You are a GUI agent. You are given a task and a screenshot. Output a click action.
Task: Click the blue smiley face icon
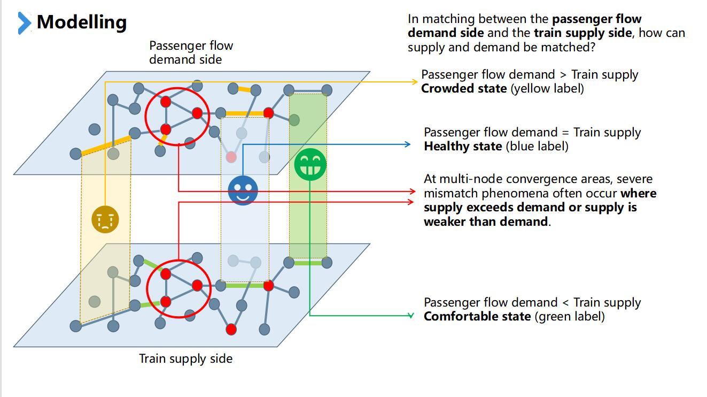coord(243,190)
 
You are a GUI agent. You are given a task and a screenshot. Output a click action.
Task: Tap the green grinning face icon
coord(310,164)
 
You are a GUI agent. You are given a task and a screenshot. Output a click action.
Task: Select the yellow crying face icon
coord(105,219)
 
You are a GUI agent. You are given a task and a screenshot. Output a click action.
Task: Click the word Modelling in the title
coord(82,22)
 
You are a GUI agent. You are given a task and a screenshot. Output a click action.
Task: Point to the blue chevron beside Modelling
coord(25,23)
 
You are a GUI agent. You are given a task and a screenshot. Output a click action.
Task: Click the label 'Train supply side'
coord(185,359)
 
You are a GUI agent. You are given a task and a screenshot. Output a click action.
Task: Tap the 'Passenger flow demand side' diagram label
coord(191,52)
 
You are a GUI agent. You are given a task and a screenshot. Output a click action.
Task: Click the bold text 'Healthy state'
coord(463,147)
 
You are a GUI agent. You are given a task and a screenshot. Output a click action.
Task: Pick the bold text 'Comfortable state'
coord(477,316)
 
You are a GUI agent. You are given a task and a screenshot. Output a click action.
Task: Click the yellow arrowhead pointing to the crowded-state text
coord(415,82)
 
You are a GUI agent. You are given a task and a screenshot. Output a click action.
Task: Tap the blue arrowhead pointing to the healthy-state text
coord(407,144)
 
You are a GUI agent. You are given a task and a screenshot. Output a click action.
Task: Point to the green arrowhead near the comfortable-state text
coord(410,316)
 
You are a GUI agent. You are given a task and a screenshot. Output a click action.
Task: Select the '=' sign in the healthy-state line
coord(565,133)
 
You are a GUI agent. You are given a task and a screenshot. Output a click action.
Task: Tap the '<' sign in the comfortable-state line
coord(565,303)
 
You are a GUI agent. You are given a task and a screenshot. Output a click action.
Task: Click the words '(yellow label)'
coord(547,88)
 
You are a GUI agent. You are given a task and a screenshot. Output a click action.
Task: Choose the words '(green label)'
coord(570,316)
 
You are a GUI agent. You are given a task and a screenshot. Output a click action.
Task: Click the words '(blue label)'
coord(537,147)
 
